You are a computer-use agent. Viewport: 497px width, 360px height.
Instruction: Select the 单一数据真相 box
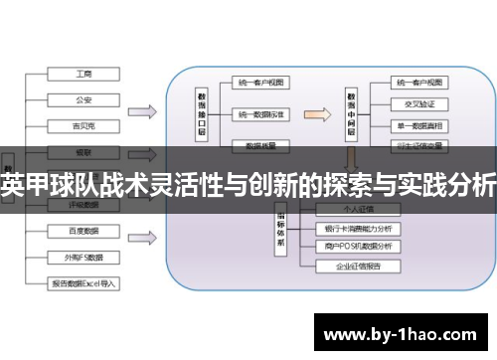click(417, 126)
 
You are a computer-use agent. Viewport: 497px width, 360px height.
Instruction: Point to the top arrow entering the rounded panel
click(140, 111)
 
